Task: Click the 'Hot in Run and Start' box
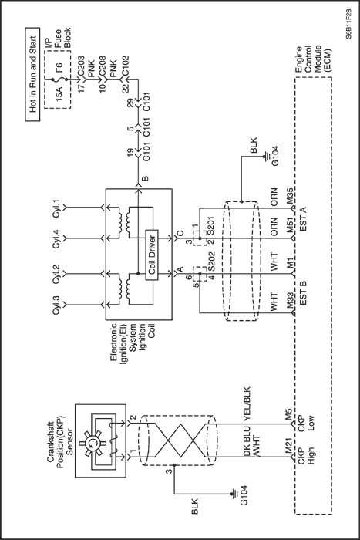(x=32, y=74)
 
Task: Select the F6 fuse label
(x=59, y=67)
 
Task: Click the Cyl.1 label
(x=56, y=209)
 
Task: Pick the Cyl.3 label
(x=56, y=305)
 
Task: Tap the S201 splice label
(x=210, y=225)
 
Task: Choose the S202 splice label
(x=210, y=262)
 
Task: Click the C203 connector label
(x=81, y=67)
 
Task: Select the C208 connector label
(x=103, y=67)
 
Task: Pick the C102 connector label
(x=126, y=67)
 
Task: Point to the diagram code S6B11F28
(x=349, y=23)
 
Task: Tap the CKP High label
(x=306, y=455)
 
